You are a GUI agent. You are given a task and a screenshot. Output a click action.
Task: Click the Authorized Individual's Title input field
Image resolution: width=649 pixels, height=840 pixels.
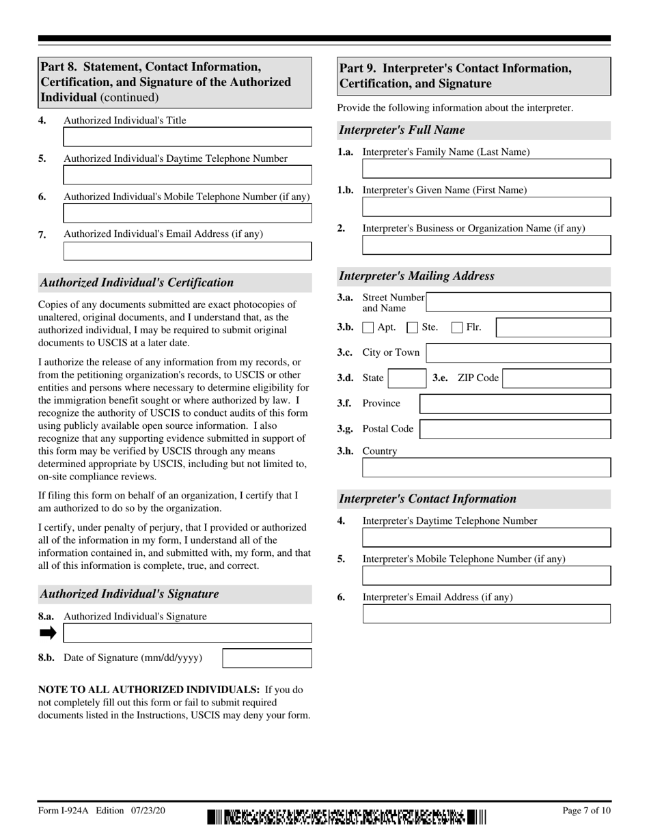pyautogui.click(x=187, y=137)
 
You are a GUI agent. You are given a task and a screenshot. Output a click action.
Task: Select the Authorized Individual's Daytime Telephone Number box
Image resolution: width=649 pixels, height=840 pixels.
pyautogui.click(x=187, y=176)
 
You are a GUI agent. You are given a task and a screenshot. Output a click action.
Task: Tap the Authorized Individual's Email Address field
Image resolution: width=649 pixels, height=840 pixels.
pyautogui.click(x=187, y=251)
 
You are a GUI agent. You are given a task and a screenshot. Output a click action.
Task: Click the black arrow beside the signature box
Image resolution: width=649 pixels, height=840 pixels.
pyautogui.click(x=48, y=633)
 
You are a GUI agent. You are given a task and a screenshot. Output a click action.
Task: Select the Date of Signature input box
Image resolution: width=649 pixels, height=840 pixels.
pyautogui.click(x=267, y=658)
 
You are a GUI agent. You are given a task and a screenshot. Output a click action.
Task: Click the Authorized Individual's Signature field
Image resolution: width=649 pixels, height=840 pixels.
pyautogui.click(x=187, y=633)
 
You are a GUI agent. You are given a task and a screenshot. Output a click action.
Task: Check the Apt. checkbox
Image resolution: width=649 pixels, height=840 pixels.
pyautogui.click(x=368, y=328)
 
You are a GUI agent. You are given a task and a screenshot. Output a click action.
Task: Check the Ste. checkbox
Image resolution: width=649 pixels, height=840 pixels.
pyautogui.click(x=413, y=328)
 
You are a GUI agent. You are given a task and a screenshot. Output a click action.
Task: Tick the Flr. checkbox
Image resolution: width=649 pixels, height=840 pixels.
pyautogui.click(x=458, y=328)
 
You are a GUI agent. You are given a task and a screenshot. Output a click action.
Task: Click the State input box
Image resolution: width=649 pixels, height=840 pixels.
pyautogui.click(x=407, y=378)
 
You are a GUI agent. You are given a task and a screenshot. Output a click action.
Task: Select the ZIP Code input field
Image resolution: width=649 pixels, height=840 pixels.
pyautogui.click(x=556, y=378)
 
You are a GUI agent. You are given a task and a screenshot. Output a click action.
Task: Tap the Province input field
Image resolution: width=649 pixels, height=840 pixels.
pyautogui.click(x=515, y=404)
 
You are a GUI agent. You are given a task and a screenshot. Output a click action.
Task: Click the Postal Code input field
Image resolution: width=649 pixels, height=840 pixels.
pyautogui.click(x=515, y=430)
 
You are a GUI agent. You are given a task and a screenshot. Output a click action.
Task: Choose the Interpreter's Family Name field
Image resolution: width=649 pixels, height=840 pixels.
pyautogui.click(x=486, y=169)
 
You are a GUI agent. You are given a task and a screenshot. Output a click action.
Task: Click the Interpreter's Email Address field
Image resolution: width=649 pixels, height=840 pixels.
pyautogui.click(x=486, y=614)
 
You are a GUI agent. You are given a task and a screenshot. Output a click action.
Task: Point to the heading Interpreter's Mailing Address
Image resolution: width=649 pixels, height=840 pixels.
pyautogui.click(x=417, y=277)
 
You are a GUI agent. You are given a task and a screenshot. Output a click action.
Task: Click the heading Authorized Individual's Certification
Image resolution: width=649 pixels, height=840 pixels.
pyautogui.click(x=137, y=283)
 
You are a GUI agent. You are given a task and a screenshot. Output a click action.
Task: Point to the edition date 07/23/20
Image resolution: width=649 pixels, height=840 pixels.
pyautogui.click(x=146, y=811)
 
